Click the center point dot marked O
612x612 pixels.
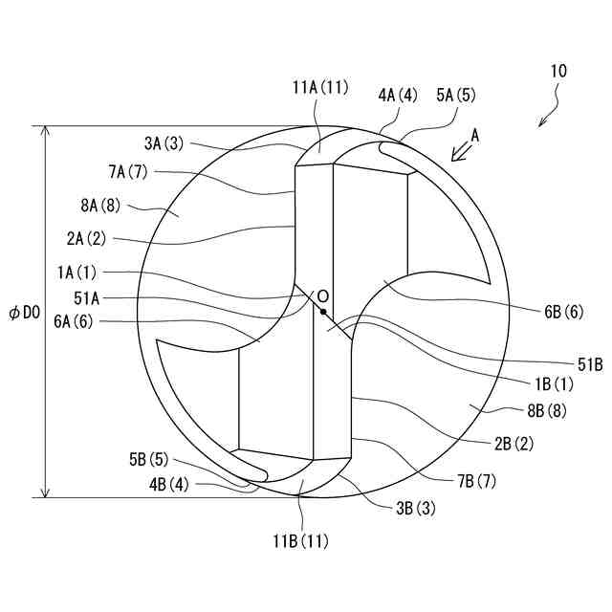pos(323,311)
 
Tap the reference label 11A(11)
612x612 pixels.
pos(320,87)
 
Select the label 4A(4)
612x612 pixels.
pos(398,95)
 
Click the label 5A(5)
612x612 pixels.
pos(456,95)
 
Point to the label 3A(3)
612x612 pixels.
pos(164,143)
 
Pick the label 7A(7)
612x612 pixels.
pos(128,172)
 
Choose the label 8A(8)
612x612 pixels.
pos(100,206)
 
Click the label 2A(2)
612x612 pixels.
pos(86,238)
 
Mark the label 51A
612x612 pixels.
pos(87,298)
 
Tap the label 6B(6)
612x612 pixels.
pos(564,312)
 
